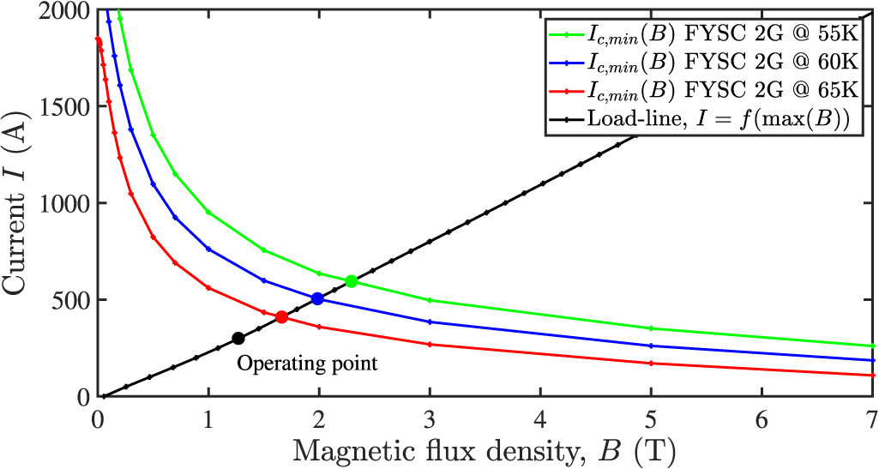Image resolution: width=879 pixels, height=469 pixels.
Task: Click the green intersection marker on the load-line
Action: [x=351, y=281]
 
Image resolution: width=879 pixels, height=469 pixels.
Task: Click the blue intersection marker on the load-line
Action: [x=317, y=298]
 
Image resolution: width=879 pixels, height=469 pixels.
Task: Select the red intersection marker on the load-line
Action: [x=281, y=317]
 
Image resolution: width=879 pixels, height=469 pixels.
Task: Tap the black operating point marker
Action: [x=238, y=338]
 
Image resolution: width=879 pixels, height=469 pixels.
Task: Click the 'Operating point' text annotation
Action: [x=307, y=363]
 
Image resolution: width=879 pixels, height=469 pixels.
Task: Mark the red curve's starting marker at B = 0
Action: [x=99, y=40]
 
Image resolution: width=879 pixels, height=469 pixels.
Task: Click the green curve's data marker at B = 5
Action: [x=651, y=328]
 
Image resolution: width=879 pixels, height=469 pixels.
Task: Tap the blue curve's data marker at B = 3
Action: [x=430, y=322]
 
